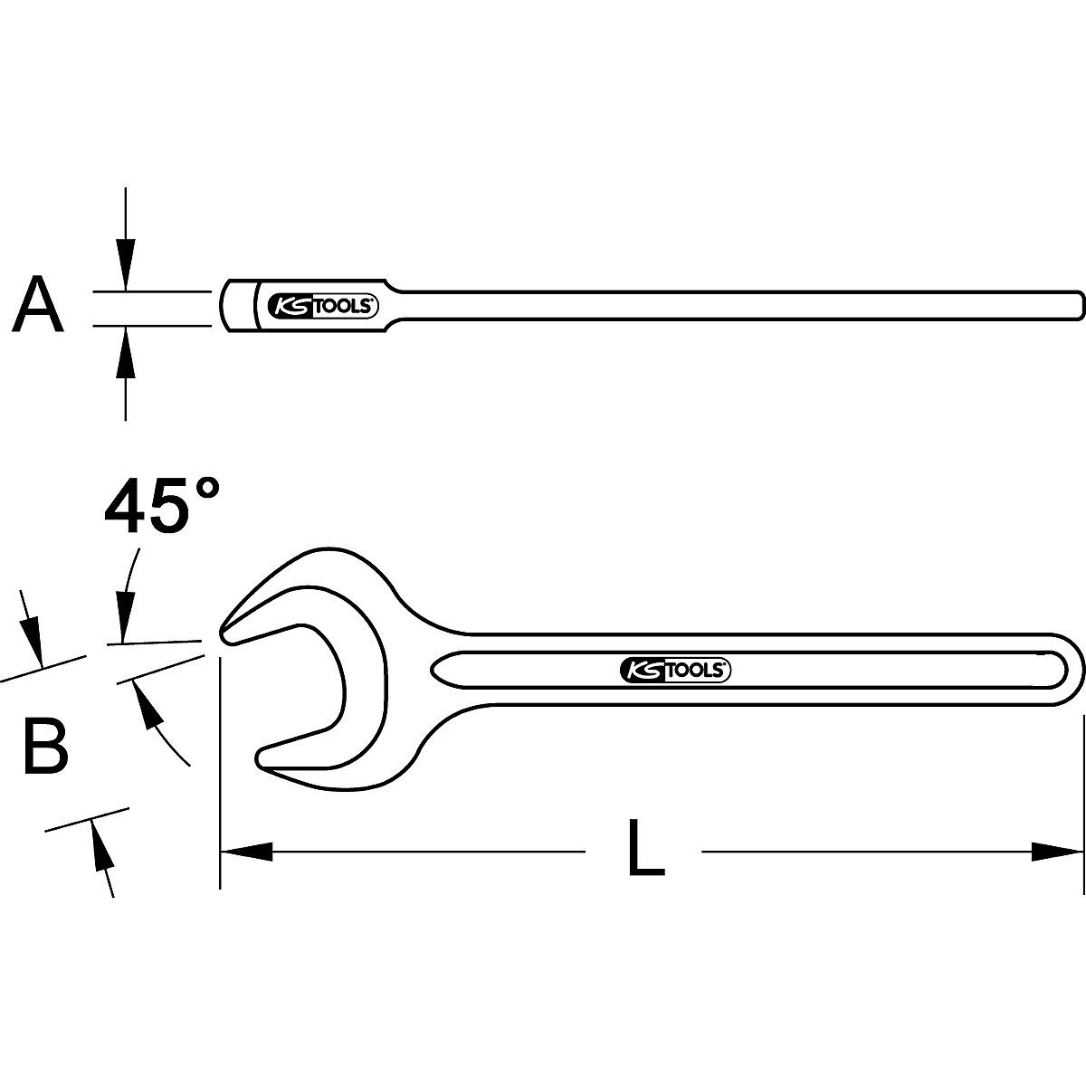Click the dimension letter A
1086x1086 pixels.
point(37,304)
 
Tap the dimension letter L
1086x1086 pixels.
point(646,862)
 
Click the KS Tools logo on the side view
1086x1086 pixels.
point(322,306)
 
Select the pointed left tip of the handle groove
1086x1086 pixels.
point(433,670)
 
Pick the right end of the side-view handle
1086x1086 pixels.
point(1081,306)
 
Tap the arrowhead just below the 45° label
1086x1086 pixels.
point(124,618)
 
